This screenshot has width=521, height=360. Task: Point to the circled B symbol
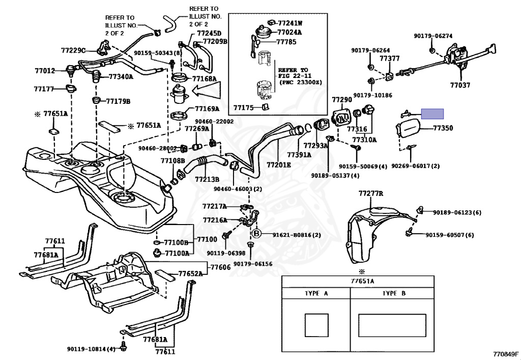click(x=257, y=234)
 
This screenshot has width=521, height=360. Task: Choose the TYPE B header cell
click(x=394, y=294)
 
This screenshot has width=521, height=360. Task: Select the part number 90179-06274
click(x=433, y=36)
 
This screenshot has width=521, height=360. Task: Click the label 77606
click(x=220, y=267)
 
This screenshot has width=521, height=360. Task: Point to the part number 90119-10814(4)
click(x=91, y=349)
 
